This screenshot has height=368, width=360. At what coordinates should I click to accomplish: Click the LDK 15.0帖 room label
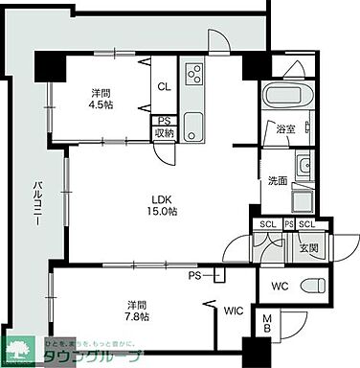159,205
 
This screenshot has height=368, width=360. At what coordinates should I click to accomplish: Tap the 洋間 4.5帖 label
99,100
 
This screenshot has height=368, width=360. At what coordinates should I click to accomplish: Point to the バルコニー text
34,202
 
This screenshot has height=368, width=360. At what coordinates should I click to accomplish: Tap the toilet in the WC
311,285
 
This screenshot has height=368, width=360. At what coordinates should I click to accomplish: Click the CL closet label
164,84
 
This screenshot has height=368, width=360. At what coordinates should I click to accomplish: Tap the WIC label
233,310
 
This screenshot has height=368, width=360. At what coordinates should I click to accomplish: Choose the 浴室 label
285,128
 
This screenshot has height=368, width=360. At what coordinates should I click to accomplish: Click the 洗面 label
278,179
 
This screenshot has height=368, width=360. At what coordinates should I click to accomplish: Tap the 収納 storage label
164,132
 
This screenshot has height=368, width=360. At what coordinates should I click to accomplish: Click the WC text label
280,286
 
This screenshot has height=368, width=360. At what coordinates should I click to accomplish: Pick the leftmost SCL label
267,224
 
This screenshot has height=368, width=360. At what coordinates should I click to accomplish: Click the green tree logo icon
21,351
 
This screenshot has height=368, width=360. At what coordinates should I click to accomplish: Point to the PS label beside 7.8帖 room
195,275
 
